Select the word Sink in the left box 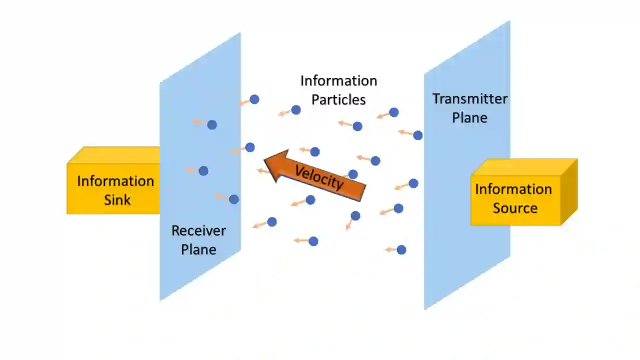(x=117, y=200)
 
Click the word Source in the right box (x=515, y=208)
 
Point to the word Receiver (x=198, y=230)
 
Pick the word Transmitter (x=469, y=98)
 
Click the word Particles (x=338, y=99)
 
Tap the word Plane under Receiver (x=198, y=249)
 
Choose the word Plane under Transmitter (x=469, y=117)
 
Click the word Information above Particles (x=338, y=80)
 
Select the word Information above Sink (x=115, y=181)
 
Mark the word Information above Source (x=513, y=189)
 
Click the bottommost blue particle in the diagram (x=401, y=249)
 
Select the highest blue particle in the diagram (x=254, y=99)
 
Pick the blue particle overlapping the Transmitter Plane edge (x=418, y=135)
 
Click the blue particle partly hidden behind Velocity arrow (x=353, y=174)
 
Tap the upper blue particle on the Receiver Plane (x=212, y=125)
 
